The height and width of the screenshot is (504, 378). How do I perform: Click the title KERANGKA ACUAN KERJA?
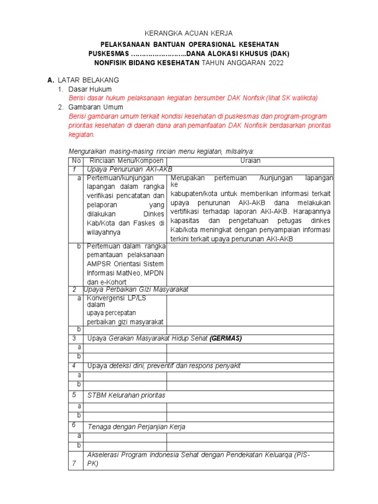(x=189, y=33)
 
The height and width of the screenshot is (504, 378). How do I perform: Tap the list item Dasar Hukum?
(x=90, y=89)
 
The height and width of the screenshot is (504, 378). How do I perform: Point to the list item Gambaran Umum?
(x=95, y=107)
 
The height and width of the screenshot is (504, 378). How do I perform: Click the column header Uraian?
(x=250, y=161)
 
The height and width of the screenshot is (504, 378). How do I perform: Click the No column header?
(x=76, y=161)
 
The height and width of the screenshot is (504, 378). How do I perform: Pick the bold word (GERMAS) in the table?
(x=226, y=338)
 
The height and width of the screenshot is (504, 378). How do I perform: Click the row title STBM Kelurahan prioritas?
(x=126, y=395)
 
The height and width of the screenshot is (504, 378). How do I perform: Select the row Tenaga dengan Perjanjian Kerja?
(x=136, y=427)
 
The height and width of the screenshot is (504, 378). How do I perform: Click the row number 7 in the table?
(x=74, y=464)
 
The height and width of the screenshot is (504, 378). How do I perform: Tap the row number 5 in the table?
(x=74, y=395)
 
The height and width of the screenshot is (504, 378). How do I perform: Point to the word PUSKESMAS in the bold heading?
(x=108, y=53)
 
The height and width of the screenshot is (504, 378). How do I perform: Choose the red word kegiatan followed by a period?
(x=81, y=134)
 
